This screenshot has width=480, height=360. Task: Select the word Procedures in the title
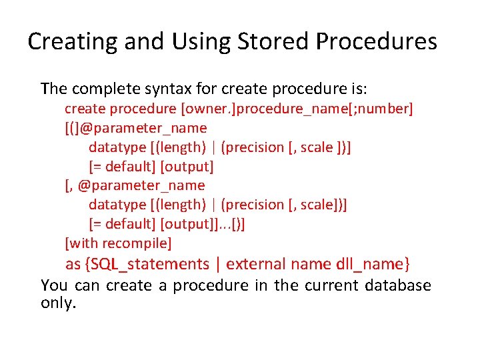[x=377, y=41]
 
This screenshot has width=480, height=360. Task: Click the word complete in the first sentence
[x=105, y=89]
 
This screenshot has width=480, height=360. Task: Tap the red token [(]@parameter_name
[x=135, y=128]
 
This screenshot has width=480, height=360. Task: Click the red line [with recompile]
[x=118, y=243]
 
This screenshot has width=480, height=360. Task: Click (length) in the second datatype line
[x=181, y=205]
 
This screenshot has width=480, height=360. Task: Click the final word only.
[x=59, y=303]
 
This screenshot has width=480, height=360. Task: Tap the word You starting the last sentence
[x=54, y=285]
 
